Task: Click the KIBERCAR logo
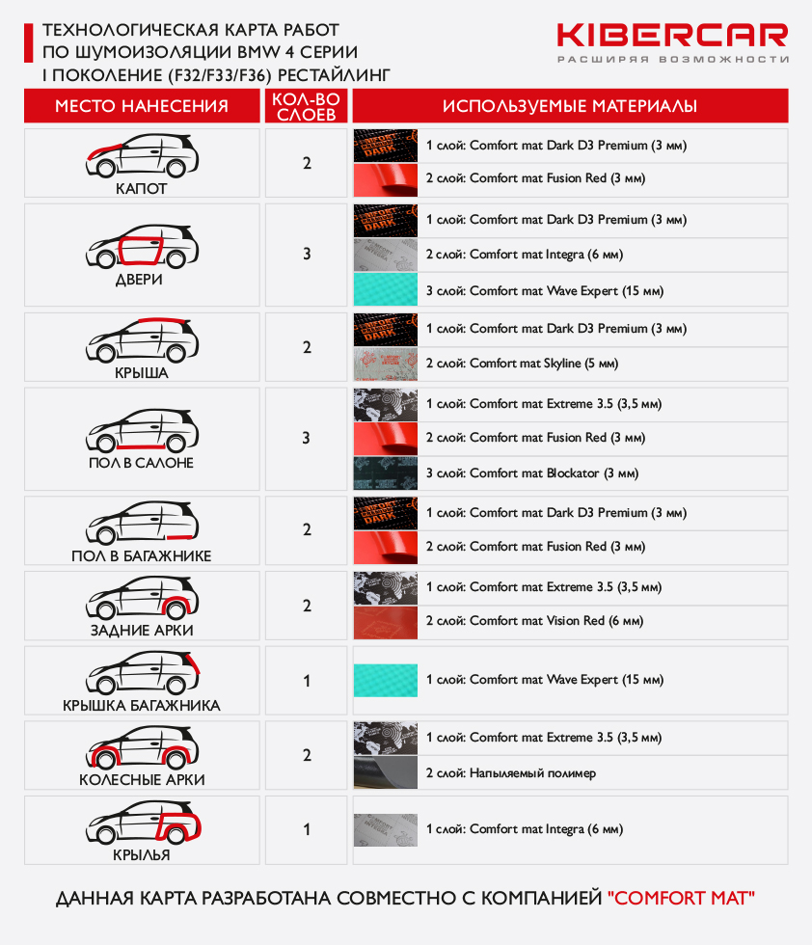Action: (x=672, y=42)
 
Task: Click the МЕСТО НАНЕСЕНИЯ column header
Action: (x=142, y=106)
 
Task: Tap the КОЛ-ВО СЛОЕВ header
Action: (x=307, y=107)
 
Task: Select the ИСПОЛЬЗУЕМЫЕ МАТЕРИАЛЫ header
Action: (x=570, y=106)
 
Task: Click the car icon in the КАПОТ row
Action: (x=143, y=155)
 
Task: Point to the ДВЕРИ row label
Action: (x=139, y=280)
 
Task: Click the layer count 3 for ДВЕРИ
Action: (x=307, y=254)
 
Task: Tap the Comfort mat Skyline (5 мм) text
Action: (x=544, y=364)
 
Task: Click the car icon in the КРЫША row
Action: (x=143, y=340)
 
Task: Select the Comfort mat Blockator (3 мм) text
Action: (x=554, y=473)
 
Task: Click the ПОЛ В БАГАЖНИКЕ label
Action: (x=142, y=555)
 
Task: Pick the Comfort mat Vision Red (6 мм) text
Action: (x=556, y=621)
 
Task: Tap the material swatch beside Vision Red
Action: (x=386, y=622)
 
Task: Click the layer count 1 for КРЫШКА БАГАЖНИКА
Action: (x=307, y=681)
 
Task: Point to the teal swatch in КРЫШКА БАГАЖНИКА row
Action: (x=386, y=681)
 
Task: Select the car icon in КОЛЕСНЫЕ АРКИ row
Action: (x=143, y=747)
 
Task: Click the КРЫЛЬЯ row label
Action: (x=142, y=854)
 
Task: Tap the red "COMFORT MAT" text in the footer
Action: (x=681, y=898)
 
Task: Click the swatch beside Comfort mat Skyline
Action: (x=386, y=364)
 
